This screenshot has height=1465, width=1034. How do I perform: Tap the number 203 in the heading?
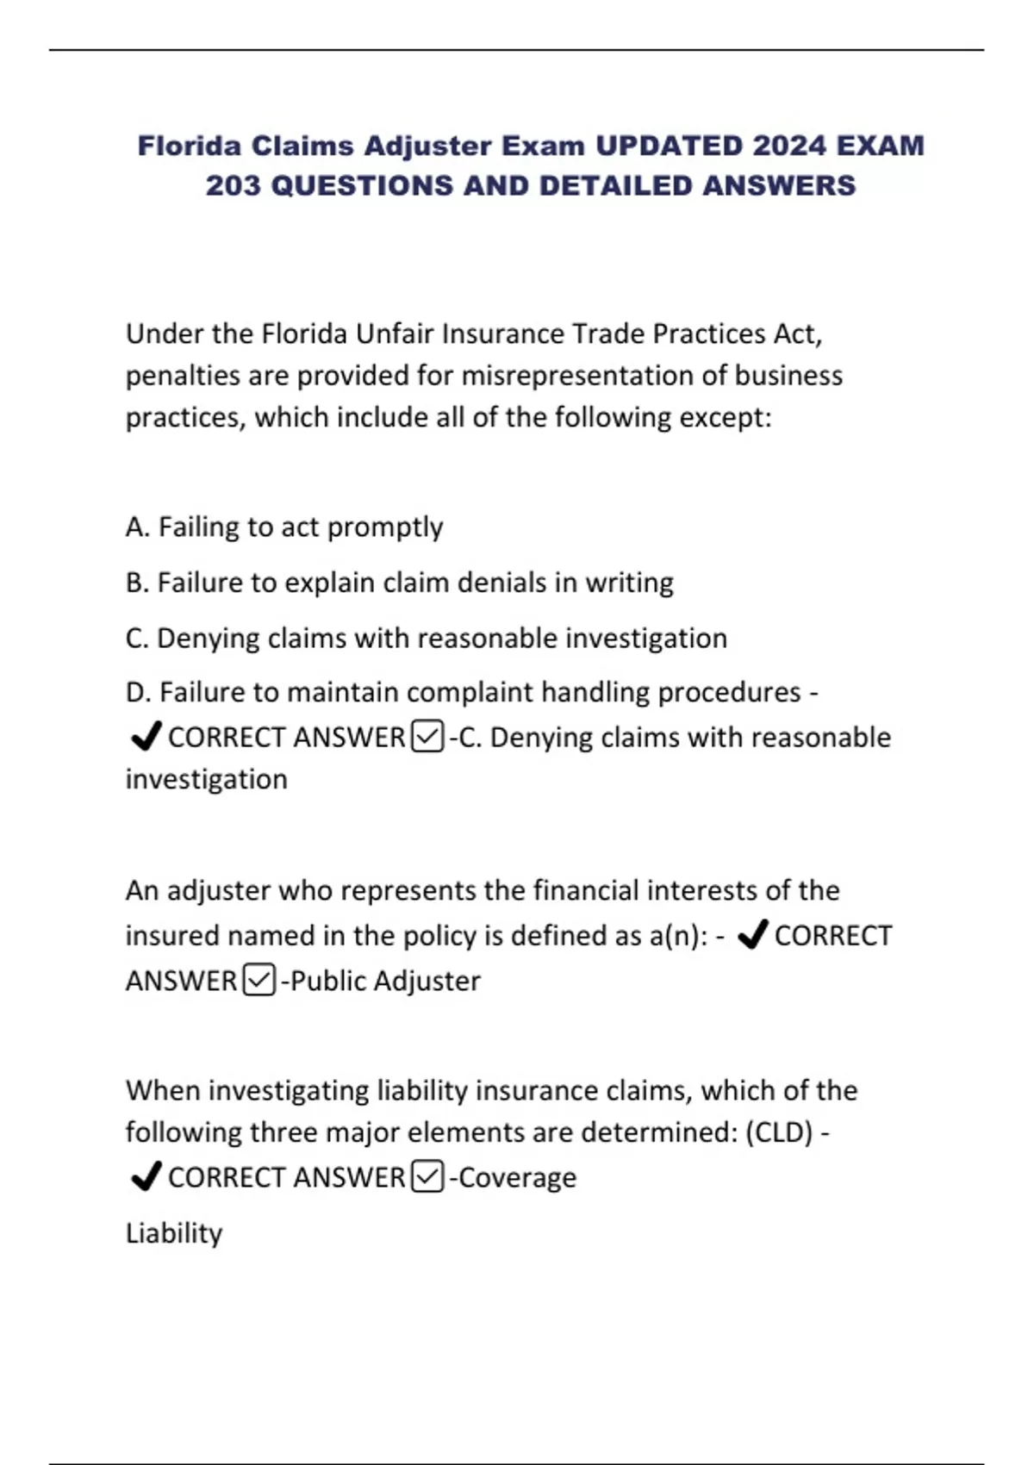coord(233,186)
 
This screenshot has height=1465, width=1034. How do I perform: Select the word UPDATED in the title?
coord(669,146)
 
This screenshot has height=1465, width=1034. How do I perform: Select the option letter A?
coord(136,527)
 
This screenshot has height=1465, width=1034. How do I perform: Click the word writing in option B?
coord(629,583)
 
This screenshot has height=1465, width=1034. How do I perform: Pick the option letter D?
coord(136,692)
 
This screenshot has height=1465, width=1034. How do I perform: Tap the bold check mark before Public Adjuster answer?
coord(753,935)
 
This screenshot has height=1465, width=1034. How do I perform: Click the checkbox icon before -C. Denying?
coord(428,738)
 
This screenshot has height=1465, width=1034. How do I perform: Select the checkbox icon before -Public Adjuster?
coord(259,981)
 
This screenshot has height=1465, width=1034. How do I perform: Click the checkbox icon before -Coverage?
coord(428,1177)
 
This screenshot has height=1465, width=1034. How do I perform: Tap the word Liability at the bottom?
coord(174,1233)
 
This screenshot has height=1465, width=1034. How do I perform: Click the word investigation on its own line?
coord(207,779)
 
